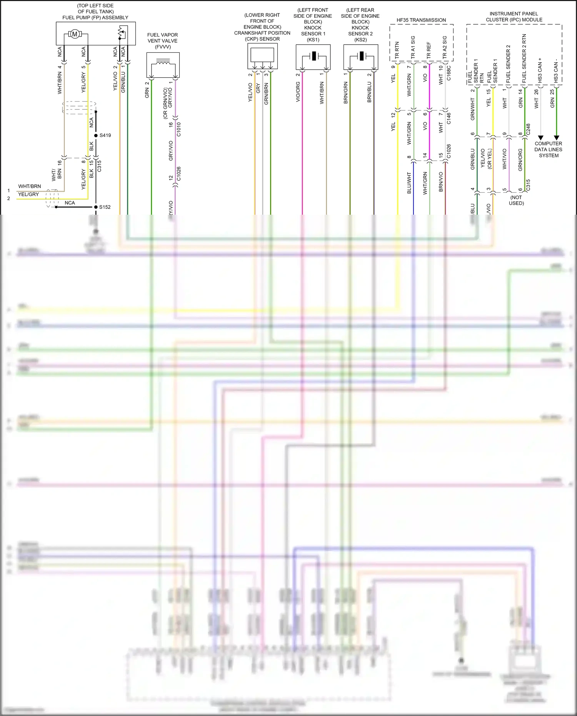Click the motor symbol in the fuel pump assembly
point(75,34)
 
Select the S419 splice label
point(105,135)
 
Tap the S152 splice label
point(105,207)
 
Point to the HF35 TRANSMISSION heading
point(421,20)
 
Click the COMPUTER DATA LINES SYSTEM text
point(548,150)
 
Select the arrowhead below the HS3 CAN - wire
point(556,137)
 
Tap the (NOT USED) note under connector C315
point(516,200)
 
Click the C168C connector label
point(449,73)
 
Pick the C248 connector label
point(528,129)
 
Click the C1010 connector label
point(178,129)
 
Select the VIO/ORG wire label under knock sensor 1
point(298,92)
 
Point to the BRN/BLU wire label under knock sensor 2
point(369,92)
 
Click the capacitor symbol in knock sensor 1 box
point(314,56)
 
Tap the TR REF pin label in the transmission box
point(429,50)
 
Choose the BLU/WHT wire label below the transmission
point(409,183)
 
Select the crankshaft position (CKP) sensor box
point(262,56)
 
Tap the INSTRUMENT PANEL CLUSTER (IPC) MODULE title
point(514,17)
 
